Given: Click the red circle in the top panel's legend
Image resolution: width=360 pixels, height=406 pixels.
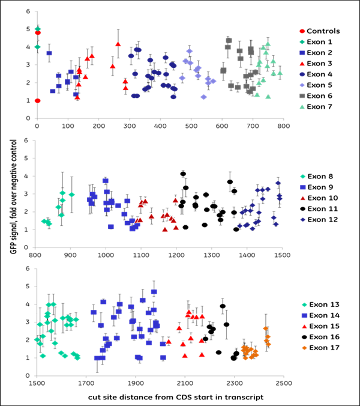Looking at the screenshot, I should (x=302, y=31).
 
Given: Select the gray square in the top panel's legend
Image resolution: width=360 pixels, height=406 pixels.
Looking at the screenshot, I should (x=302, y=95).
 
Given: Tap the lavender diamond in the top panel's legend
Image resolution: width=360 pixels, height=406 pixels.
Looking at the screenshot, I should (x=302, y=85).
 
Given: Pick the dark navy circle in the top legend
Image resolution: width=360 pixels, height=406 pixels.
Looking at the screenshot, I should (x=302, y=74).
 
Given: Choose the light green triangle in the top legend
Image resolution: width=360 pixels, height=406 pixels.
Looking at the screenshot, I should (x=302, y=106).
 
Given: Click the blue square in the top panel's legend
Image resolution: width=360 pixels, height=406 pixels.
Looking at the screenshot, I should (x=302, y=53).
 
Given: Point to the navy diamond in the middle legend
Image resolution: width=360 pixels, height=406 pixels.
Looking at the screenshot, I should (x=303, y=220).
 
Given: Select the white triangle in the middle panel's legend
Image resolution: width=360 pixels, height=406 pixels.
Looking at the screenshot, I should (x=303, y=198).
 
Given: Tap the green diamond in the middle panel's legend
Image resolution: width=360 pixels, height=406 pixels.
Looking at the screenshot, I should (x=303, y=177).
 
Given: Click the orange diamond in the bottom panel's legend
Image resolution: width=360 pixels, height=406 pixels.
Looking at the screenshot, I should (x=304, y=348).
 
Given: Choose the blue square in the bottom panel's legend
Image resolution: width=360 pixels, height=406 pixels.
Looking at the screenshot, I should (x=304, y=315).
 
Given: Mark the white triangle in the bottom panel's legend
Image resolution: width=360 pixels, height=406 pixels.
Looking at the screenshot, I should (x=304, y=327).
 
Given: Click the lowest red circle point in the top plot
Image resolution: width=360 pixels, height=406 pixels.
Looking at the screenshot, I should (x=37, y=101).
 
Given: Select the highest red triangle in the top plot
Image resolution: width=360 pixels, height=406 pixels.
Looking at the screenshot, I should (x=118, y=44).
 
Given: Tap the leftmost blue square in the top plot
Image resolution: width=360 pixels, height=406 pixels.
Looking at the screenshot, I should (x=49, y=53).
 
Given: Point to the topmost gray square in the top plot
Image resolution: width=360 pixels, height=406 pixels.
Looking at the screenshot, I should (x=229, y=40).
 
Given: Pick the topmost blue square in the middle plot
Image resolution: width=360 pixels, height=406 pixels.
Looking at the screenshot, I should (x=105, y=180).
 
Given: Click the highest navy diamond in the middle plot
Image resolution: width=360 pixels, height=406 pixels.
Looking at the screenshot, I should (x=278, y=183).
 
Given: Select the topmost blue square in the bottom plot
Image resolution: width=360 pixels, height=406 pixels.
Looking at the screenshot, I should (x=154, y=291).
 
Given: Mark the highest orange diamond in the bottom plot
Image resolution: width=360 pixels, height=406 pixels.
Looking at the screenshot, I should (x=265, y=329).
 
